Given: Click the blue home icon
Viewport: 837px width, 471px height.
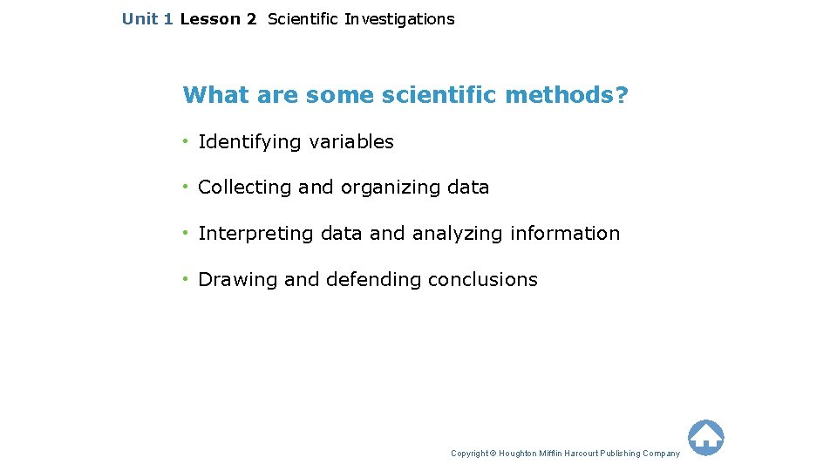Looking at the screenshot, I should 705,437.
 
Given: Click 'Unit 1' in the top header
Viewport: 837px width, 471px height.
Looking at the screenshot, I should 147,19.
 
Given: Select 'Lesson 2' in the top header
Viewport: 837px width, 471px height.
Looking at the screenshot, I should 218,19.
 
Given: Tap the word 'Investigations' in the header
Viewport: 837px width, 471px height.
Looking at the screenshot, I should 399,19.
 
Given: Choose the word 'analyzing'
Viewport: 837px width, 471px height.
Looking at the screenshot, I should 457,234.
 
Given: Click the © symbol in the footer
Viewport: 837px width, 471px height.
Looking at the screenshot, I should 493,454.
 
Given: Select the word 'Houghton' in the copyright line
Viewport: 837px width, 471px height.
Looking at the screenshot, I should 518,454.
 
